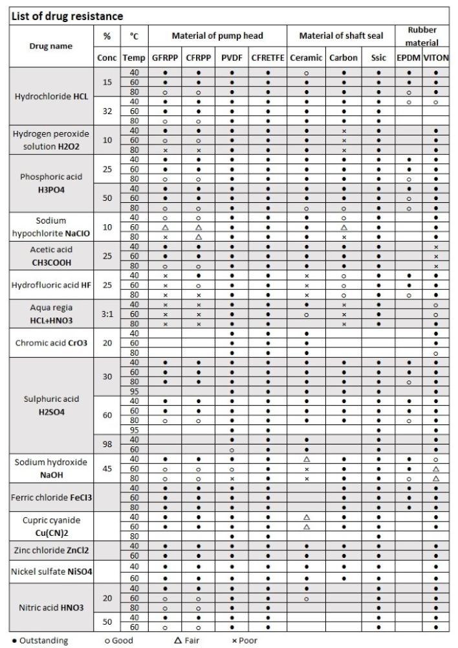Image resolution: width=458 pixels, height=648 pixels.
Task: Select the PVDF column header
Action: pos(232,58)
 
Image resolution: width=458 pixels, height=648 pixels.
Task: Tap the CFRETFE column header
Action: pos(268,58)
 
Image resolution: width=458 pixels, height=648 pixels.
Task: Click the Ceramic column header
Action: pos(306,58)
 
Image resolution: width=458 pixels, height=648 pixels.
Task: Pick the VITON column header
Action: pos(436,58)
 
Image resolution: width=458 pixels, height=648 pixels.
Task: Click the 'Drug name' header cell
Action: pos(52,46)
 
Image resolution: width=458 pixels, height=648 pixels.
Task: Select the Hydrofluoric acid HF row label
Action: pos(52,285)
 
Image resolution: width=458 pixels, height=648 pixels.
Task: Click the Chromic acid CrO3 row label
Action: pos(52,343)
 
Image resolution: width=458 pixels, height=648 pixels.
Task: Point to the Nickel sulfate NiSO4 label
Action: pos(52,572)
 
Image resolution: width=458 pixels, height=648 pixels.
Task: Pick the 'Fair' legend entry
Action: pos(184,641)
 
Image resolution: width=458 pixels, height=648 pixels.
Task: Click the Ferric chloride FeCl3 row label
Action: pos(52,498)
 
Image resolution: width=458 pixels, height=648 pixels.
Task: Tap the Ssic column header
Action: pos(378,58)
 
